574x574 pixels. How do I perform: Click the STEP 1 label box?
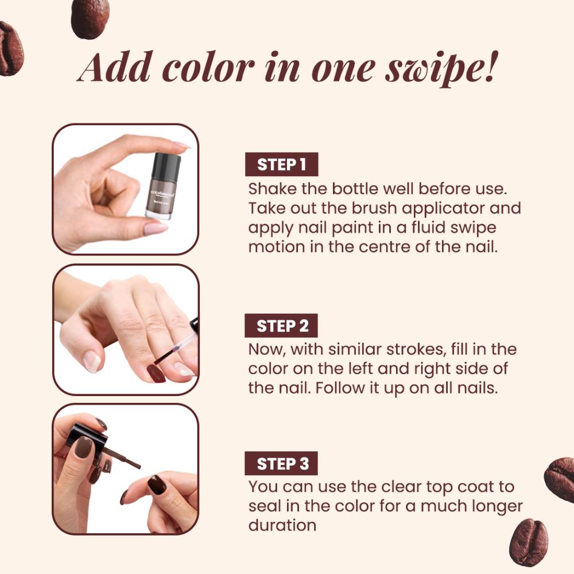pos(281,164)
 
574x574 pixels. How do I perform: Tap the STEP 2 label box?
pos(281,325)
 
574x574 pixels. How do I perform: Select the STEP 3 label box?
pos(281,463)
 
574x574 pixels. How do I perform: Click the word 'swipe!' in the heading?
pos(441,68)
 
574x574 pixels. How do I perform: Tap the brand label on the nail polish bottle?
pos(163,193)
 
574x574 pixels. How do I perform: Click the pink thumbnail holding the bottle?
pos(156,229)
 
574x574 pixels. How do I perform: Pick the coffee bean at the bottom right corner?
pos(529,542)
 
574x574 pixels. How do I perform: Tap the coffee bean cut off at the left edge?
pos(10,48)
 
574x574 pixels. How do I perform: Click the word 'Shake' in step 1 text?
pos(272,189)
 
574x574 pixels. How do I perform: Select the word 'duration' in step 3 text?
pos(282,525)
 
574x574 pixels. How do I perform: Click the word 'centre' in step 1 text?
pos(384,247)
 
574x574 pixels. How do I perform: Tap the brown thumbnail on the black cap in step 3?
pos(84,447)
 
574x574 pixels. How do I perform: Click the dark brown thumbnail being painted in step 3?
pos(157,484)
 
